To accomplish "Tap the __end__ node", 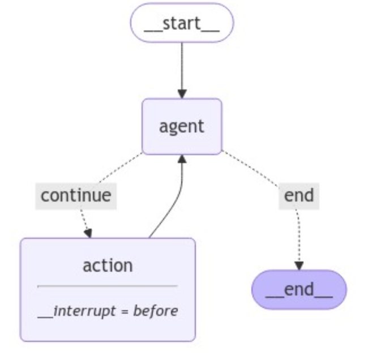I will [x=299, y=289].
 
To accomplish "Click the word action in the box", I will [x=108, y=265].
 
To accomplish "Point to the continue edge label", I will [x=76, y=196].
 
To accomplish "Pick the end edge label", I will [x=298, y=196].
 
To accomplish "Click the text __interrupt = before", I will [x=108, y=310].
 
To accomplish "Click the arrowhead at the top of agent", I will [x=182, y=93].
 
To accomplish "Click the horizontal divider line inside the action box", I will [x=108, y=286].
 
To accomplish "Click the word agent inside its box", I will [x=182, y=126].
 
